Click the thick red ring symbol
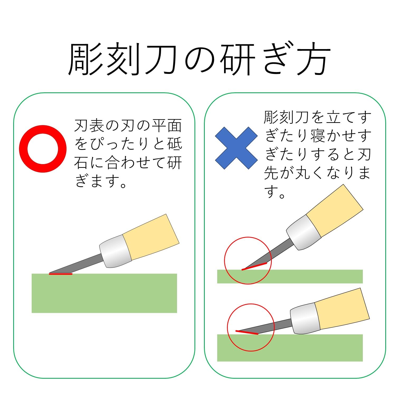(x=43, y=149)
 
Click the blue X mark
(x=236, y=148)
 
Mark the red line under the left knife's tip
(x=61, y=274)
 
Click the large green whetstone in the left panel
(x=104, y=293)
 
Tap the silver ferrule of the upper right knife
(x=303, y=232)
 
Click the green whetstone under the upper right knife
(x=290, y=277)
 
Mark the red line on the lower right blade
(x=247, y=332)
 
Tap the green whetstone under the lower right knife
(x=290, y=348)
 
